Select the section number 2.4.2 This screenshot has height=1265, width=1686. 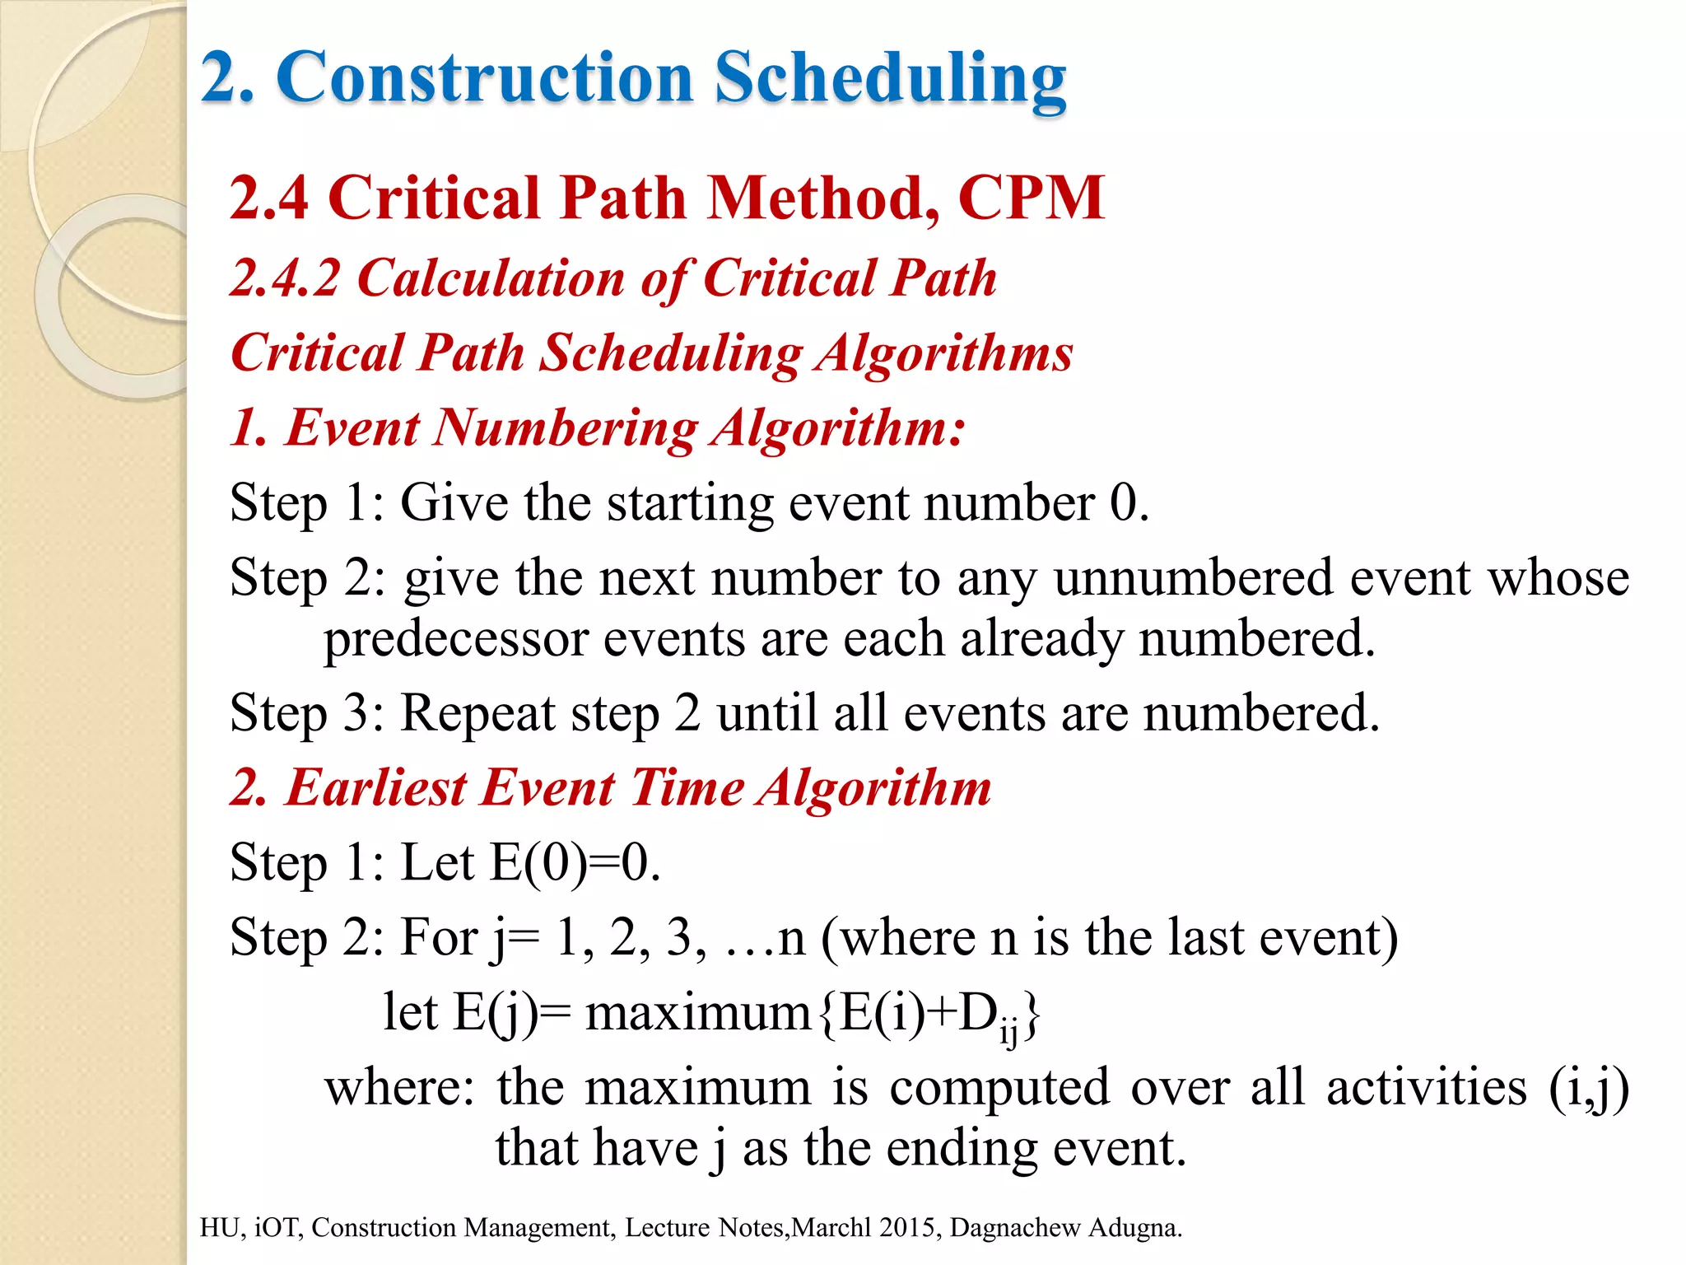(x=285, y=278)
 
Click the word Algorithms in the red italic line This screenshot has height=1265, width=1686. (x=944, y=352)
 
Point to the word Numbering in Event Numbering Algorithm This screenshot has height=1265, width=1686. (x=566, y=428)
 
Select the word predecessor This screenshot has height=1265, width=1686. (x=455, y=639)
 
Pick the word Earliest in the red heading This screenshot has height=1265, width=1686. (x=376, y=788)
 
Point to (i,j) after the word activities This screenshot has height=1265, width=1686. (x=1588, y=1088)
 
